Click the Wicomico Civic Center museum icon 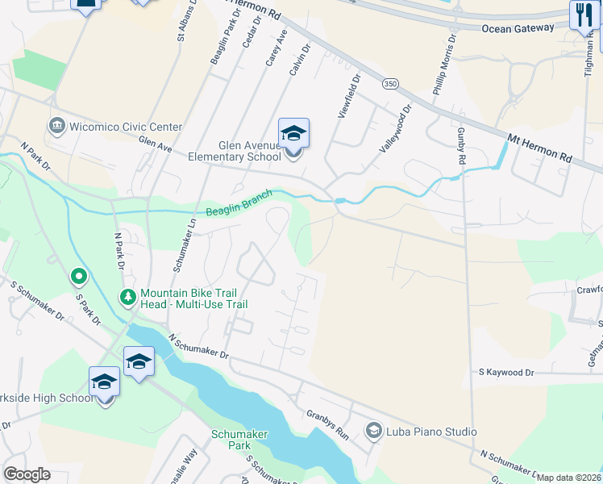(56, 126)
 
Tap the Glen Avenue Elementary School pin (293, 134)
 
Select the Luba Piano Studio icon (373, 432)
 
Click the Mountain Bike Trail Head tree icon (128, 297)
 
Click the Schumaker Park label (239, 440)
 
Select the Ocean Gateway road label (518, 27)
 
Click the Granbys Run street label (327, 424)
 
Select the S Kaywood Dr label (506, 373)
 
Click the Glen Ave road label (156, 143)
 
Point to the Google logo (27, 474)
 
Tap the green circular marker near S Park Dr (78, 277)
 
